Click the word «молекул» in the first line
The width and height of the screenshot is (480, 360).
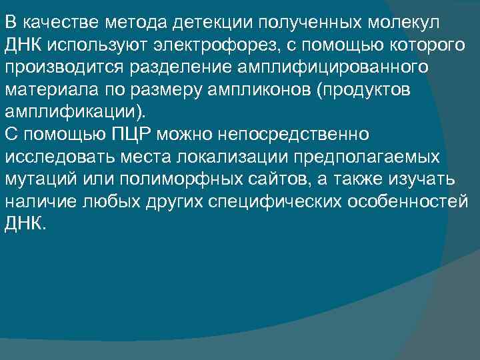(x=408, y=24)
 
